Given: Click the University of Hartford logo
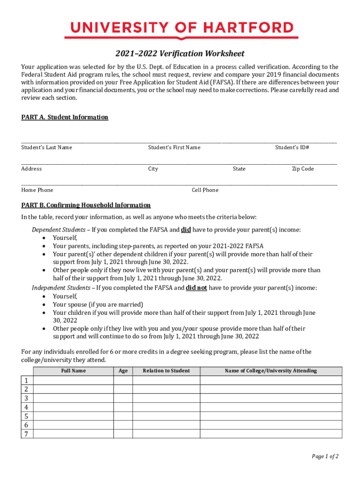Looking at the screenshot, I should coord(181,29).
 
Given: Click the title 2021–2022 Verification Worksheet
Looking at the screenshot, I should coord(180,54).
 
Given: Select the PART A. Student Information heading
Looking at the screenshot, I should coord(65,117).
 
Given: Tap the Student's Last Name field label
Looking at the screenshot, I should coord(46,147).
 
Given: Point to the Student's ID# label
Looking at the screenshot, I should coord(292,147).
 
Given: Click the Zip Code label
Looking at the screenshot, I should coord(302,169).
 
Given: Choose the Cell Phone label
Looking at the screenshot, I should coord(205,190).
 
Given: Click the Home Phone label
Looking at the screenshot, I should coord(37,190).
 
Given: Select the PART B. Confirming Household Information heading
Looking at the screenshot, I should coord(86,205).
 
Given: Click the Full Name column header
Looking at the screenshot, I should coord(73,371).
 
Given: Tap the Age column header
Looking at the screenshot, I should coord(123,371).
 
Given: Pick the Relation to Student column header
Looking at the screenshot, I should coord(166,371).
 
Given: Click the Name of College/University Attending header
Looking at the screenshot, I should coord(271,371).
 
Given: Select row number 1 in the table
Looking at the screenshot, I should coord(26,380).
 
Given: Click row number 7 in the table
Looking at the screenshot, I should coord(26,434).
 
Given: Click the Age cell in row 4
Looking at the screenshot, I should coord(123,407).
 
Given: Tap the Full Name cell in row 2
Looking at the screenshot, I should coord(73,389).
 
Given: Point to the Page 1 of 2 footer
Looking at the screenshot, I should coord(325,456).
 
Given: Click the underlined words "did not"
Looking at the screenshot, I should coord(196,288).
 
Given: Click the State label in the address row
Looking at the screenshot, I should coord(239,169).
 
